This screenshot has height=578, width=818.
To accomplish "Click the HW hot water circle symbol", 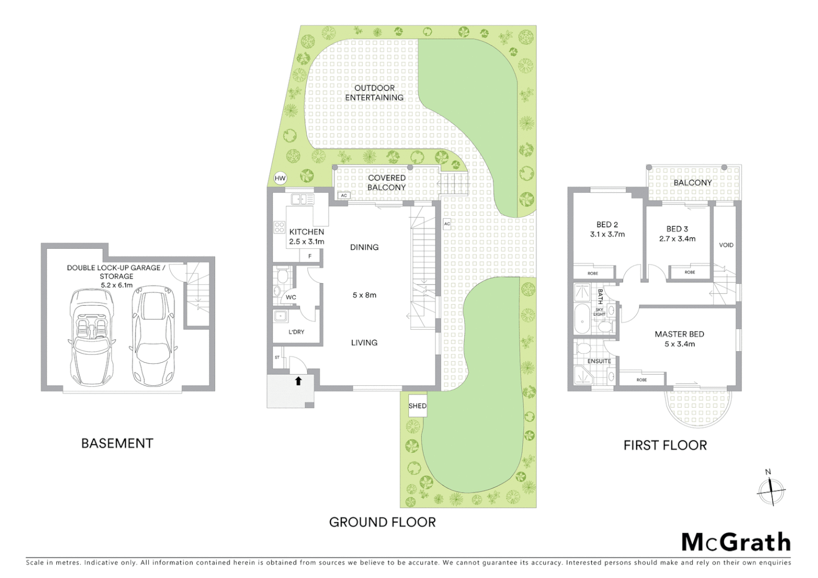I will click(280, 178).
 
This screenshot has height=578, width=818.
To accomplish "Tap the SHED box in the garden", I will click(418, 406).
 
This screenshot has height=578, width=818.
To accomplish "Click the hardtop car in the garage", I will click(153, 336).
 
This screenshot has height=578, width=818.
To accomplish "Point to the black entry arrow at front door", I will click(298, 381).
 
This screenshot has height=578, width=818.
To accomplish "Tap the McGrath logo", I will click(736, 542).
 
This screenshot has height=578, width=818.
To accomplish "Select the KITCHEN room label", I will click(306, 232).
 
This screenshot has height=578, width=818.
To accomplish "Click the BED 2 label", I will click(607, 225).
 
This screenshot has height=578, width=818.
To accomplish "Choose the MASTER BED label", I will click(679, 334).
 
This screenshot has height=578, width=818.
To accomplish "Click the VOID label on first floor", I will click(726, 245).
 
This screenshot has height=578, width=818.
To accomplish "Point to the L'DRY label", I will click(296, 332).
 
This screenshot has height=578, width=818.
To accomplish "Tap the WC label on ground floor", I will click(291, 298).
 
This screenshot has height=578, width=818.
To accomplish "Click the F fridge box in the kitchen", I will click(309, 256).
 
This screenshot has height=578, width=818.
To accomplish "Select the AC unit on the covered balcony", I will click(344, 195).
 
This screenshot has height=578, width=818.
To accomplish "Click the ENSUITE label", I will click(599, 361).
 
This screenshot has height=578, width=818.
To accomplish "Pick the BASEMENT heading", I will click(117, 443).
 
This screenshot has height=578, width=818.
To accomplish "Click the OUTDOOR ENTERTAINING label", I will click(374, 93).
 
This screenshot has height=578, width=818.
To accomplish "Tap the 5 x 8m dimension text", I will click(364, 295).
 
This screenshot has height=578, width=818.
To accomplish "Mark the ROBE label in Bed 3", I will click(690, 272).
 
